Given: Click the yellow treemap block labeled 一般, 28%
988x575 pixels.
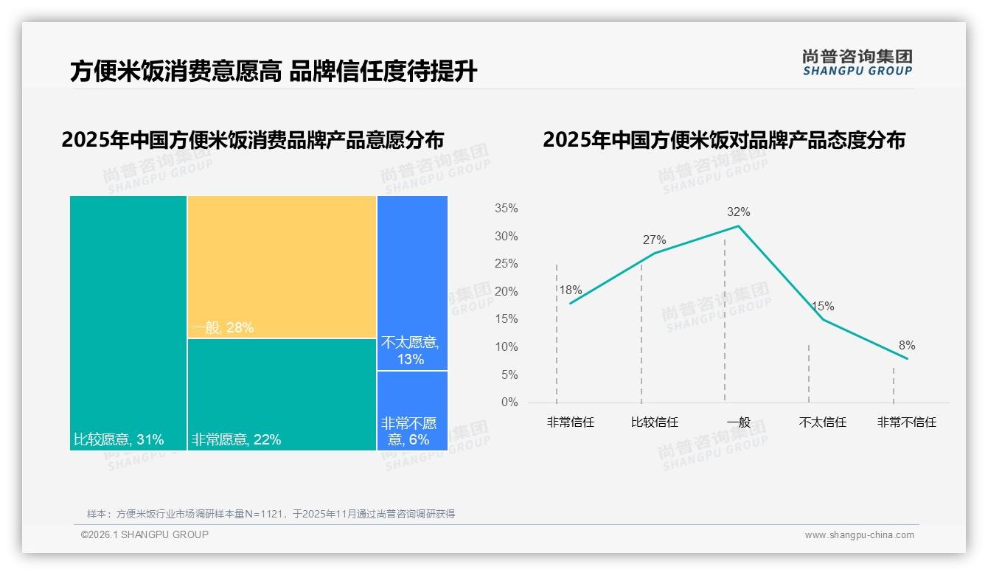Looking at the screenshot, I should [282, 266].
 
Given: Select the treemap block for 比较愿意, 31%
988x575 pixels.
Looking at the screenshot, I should [128, 322].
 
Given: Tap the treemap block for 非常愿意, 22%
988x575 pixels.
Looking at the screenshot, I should [282, 394].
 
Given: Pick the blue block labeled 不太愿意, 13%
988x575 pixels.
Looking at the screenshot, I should [412, 282].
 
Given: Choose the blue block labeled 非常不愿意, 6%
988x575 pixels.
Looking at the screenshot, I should [412, 410].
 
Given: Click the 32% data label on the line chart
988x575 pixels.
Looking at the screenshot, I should [738, 212].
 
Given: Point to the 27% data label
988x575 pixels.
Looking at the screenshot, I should [654, 240].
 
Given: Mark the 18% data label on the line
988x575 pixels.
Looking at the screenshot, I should [570, 290].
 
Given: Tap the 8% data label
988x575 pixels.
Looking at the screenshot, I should [906, 346].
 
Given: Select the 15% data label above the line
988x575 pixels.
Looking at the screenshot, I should [822, 307].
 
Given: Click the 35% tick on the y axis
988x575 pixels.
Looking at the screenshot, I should [506, 209].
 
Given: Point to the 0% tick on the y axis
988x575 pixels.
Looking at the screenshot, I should [509, 402].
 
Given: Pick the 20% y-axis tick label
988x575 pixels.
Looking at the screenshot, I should [506, 292].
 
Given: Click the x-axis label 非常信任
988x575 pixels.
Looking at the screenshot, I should [570, 422].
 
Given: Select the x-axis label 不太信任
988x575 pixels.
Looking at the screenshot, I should [822, 422].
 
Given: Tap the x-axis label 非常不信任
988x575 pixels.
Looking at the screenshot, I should [906, 422].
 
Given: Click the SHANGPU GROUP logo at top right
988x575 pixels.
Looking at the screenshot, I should [857, 62].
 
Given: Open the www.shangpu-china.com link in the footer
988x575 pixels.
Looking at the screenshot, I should [859, 535].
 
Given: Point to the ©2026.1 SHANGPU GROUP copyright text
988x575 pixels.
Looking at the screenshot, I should [145, 534].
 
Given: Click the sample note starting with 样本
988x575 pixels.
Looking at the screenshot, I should [271, 514].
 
